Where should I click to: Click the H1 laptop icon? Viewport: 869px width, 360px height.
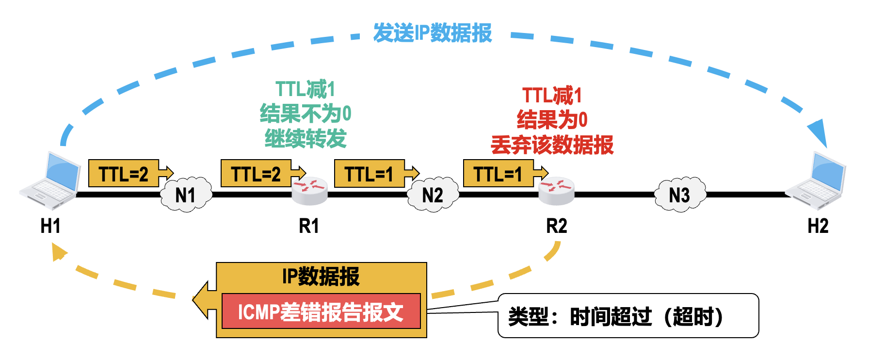[50, 180]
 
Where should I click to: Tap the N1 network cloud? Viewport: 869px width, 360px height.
[186, 195]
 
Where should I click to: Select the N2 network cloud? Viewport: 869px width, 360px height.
[433, 195]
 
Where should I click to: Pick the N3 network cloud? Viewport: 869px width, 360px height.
[679, 195]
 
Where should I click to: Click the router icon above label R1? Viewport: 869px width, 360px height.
[309, 191]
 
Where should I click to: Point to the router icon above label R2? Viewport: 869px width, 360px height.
[556, 191]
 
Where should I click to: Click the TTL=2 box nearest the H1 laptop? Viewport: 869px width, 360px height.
[124, 173]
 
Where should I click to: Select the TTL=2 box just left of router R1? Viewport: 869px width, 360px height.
[256, 173]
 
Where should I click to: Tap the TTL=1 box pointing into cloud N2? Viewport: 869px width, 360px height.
[370, 173]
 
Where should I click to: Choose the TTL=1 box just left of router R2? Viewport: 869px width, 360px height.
[498, 173]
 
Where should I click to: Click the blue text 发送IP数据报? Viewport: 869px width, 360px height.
[432, 33]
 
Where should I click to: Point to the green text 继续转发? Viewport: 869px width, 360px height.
[306, 139]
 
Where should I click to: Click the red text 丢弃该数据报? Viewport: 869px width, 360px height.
[552, 145]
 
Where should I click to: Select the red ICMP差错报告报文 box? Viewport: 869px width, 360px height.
[321, 311]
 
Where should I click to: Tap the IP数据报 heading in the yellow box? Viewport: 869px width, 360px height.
[321, 277]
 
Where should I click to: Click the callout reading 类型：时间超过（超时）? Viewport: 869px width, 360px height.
[628, 316]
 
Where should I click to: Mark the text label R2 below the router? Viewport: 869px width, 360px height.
[556, 226]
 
